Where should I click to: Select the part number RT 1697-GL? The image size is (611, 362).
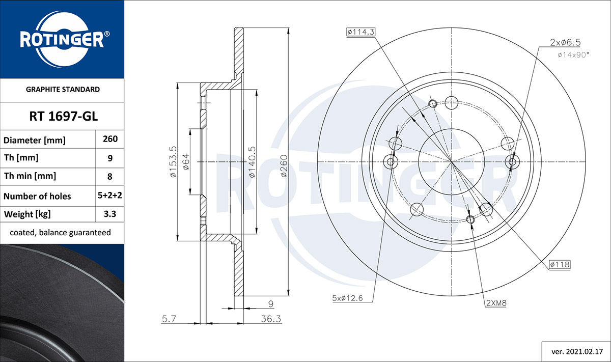[x=63, y=117]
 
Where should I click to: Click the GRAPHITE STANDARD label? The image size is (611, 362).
[x=63, y=90]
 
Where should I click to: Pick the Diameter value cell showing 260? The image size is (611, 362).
[x=110, y=139]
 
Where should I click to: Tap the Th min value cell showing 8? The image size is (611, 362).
[x=110, y=177]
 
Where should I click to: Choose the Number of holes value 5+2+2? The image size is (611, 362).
[x=110, y=196]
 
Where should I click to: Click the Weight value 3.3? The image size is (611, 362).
[x=110, y=214]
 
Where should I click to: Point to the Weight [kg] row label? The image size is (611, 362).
[x=27, y=214]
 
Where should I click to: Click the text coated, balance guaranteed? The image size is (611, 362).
[x=60, y=233]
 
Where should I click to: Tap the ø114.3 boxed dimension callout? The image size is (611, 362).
[x=361, y=32]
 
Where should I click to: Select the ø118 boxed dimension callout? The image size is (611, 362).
[x=560, y=264]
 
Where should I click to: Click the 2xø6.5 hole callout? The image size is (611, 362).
[x=565, y=43]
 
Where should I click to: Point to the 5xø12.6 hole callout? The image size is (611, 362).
[x=347, y=298]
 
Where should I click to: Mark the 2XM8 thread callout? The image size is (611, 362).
[x=496, y=303]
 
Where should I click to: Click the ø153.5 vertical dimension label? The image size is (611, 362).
[x=174, y=162]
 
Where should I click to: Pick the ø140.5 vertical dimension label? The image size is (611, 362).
[x=253, y=162]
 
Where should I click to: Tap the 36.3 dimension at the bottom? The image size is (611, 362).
[x=271, y=319]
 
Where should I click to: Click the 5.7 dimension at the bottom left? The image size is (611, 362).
[x=169, y=319]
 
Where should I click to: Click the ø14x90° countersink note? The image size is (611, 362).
[x=573, y=55]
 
